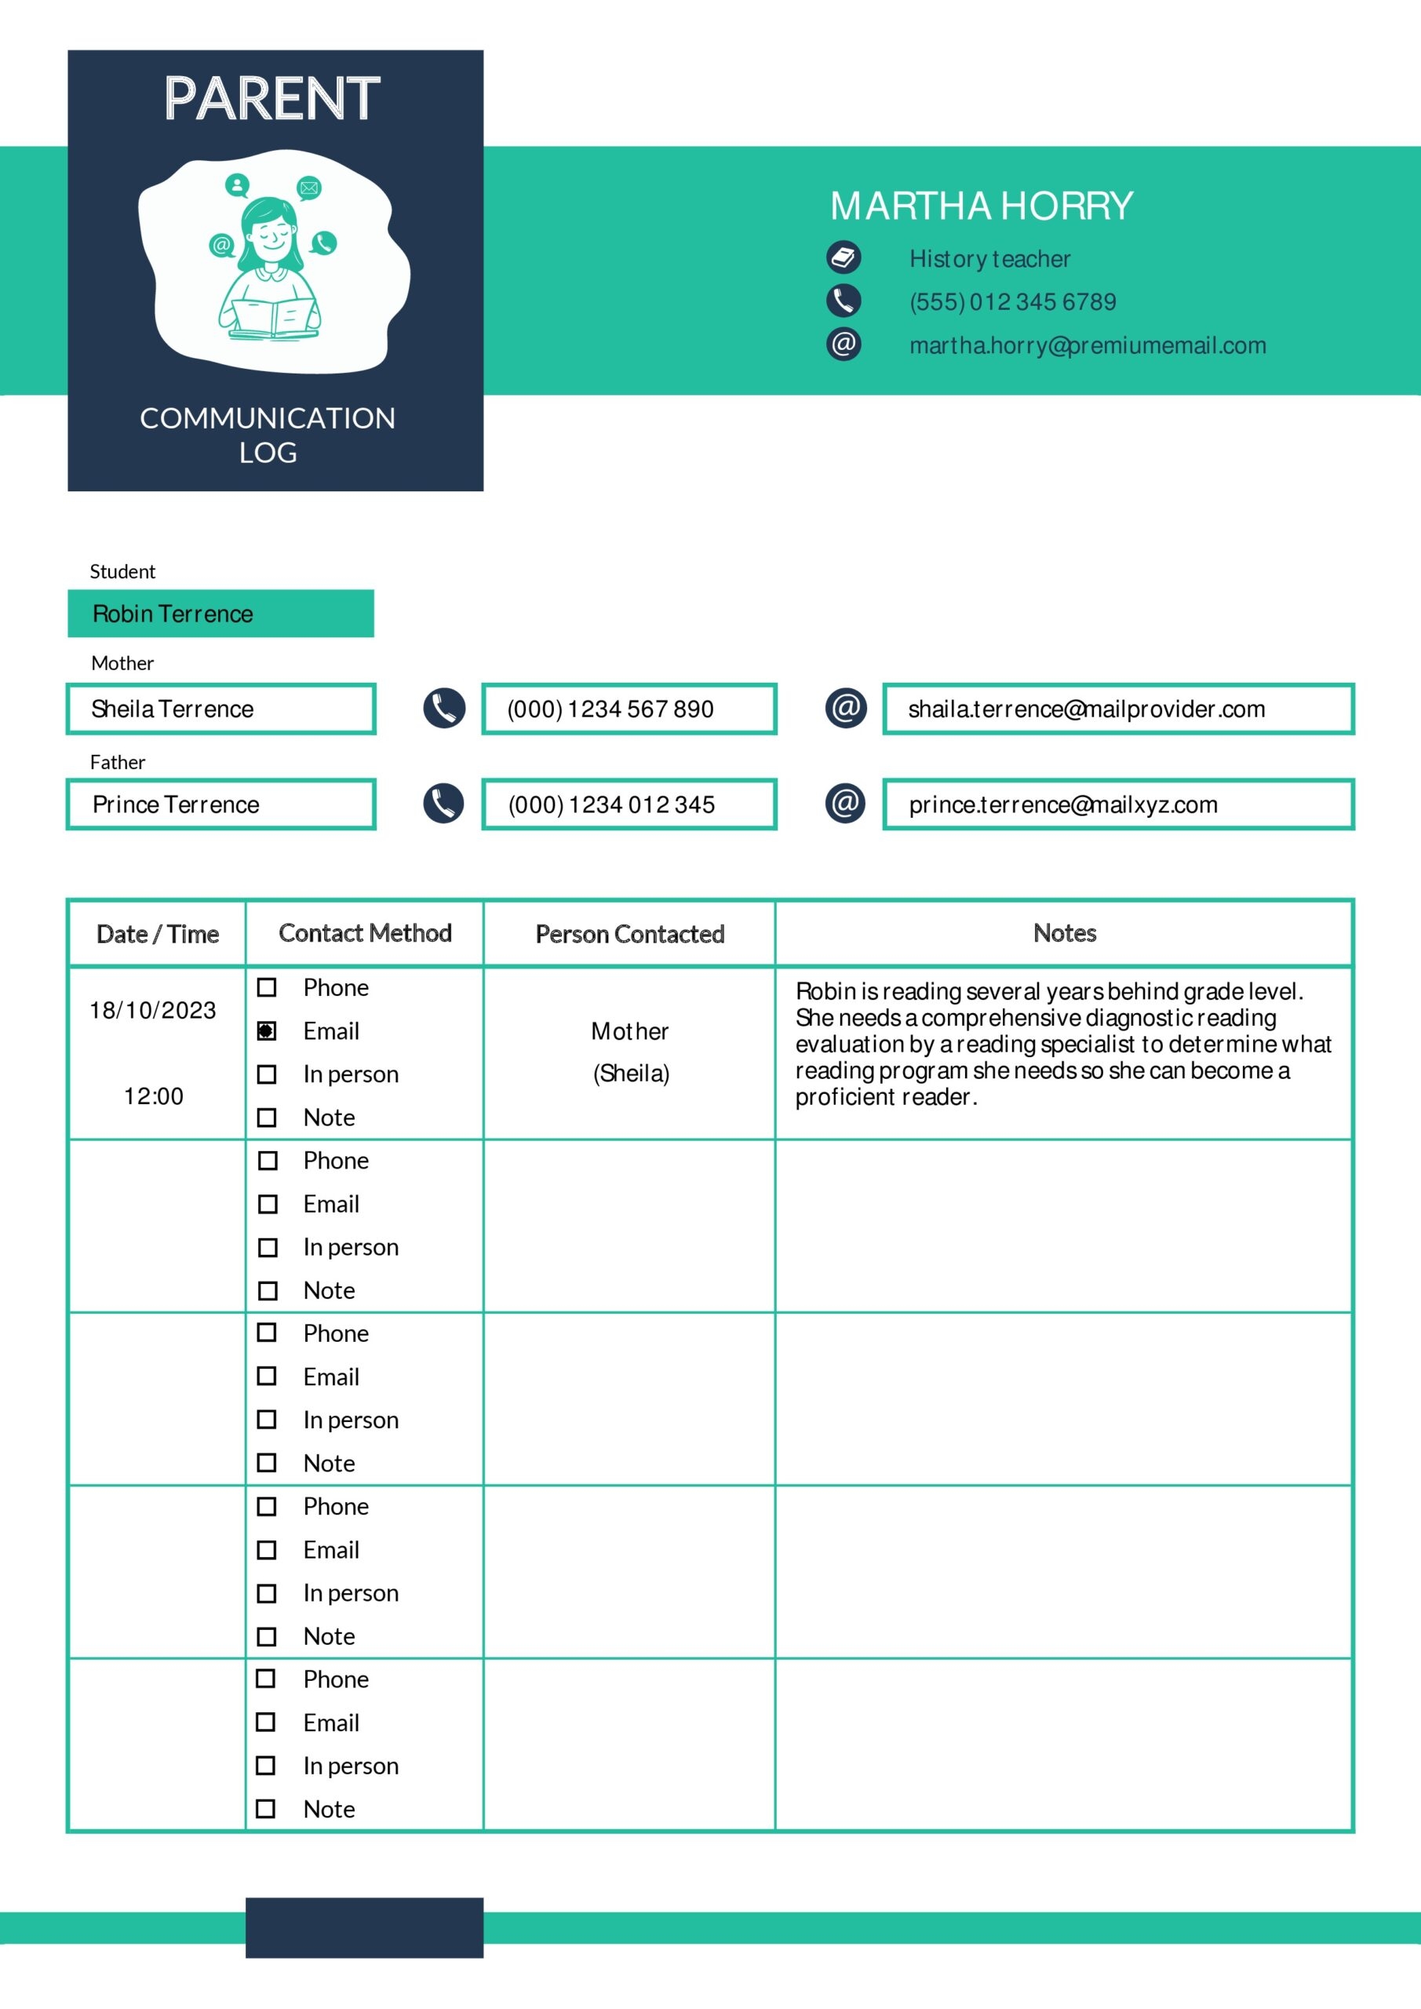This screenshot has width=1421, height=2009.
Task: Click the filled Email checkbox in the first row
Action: [267, 1030]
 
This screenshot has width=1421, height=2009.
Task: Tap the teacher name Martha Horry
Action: [981, 206]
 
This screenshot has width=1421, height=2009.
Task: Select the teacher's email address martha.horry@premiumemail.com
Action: [1087, 345]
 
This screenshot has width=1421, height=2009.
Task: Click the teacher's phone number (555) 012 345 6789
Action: [1012, 302]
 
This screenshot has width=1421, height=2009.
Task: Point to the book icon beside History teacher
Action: [843, 257]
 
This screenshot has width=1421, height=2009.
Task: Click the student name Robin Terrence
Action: [173, 614]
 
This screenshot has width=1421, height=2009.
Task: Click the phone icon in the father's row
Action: [443, 804]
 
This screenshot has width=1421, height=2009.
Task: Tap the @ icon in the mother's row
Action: [845, 708]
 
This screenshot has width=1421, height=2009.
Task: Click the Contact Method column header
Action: [365, 933]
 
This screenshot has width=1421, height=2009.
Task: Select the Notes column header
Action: [1064, 933]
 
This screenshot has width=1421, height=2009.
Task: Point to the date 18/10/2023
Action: [153, 1011]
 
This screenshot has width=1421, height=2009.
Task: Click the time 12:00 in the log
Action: [154, 1096]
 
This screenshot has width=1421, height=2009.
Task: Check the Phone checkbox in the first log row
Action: [267, 988]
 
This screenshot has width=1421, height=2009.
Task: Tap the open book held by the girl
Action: [271, 317]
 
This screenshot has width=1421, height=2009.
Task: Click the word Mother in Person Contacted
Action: [629, 1032]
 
